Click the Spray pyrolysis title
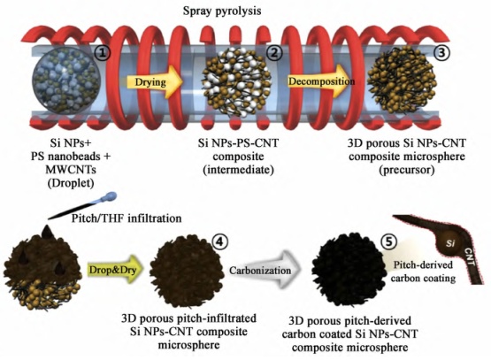point(222,11)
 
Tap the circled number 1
point(103,53)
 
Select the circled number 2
point(274,52)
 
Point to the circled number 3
point(441,52)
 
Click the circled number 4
point(219,241)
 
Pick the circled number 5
point(388,241)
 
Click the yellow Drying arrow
point(154,82)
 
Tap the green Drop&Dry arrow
point(115,270)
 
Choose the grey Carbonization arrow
point(265,270)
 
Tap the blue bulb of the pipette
point(110,197)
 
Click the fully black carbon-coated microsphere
point(349,270)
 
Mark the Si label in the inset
point(450,242)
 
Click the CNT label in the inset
point(470,257)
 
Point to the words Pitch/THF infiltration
point(127,218)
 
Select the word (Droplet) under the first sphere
point(71,183)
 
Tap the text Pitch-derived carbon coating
point(423,272)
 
